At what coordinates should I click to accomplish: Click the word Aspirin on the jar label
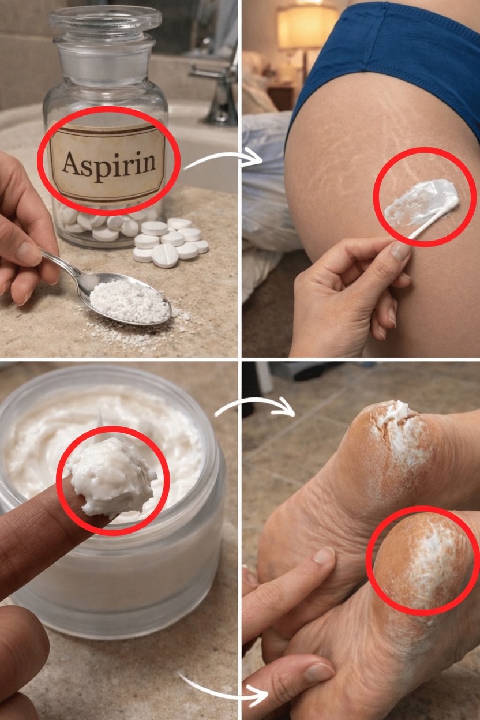coord(109,163)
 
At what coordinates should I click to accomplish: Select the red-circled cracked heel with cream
coord(424,560)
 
